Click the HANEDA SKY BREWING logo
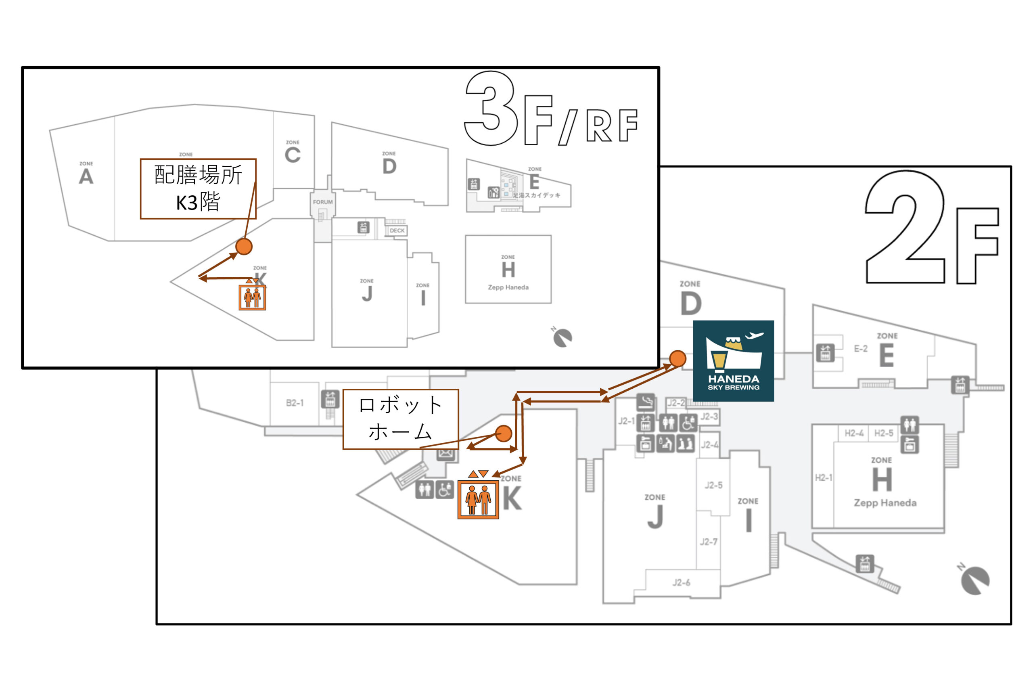pos(733,361)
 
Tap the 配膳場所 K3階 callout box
pos(198,188)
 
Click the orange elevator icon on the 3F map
pos(252,297)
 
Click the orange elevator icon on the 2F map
pos(478,500)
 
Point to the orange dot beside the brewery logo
pos(678,358)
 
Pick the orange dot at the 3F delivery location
pos(244,247)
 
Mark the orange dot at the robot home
pos(503,433)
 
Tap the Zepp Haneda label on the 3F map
pos(508,287)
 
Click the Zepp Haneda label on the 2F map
pos(885,503)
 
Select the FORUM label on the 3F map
pos(323,202)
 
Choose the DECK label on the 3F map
pos(397,231)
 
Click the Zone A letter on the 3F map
pos(86,177)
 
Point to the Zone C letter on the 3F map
pos(293,155)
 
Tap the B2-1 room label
pos(295,403)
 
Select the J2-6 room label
pos(681,583)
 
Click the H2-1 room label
pos(824,477)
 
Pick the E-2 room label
pos(860,349)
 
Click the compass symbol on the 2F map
pos(974,580)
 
